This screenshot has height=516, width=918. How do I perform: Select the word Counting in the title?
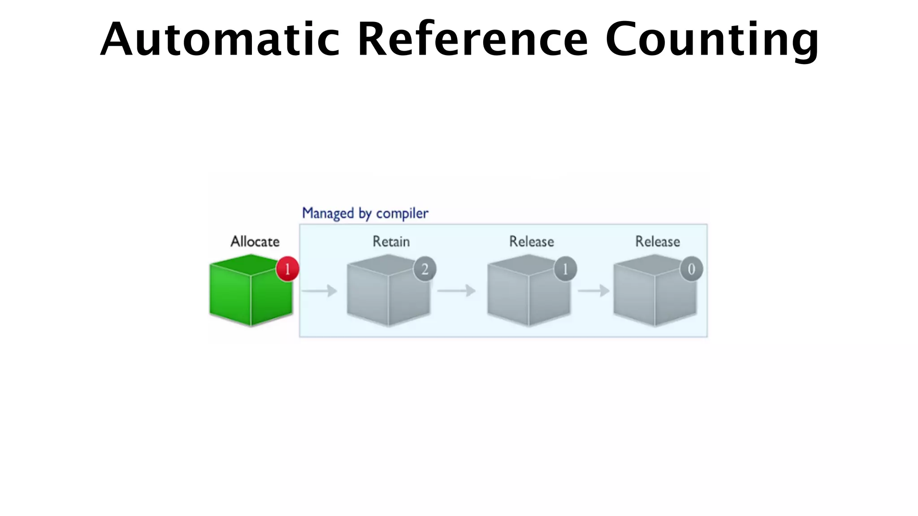point(712,40)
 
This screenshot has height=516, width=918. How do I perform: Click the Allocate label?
point(255,242)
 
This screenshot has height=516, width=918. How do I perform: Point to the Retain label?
point(391,242)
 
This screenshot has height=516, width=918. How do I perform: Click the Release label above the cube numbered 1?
point(532,242)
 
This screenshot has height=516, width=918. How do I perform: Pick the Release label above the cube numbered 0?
point(658,242)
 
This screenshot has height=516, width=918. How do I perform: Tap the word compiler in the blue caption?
point(402,214)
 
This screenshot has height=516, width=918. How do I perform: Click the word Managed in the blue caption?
point(328,214)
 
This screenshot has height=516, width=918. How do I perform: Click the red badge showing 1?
point(287,269)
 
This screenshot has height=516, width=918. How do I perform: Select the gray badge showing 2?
point(424,269)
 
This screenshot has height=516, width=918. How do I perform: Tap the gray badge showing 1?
point(565,269)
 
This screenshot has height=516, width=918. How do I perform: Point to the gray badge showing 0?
point(691,269)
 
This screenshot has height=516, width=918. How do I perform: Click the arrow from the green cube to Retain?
point(319,291)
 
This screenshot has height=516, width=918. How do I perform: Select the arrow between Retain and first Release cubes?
point(456,291)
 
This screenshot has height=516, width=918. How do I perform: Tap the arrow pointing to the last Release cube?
point(593,291)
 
